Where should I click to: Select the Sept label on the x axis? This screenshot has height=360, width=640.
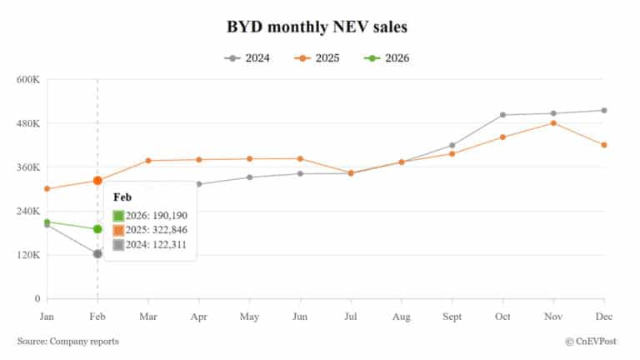(x=452, y=317)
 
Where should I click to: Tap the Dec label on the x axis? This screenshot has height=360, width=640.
(x=604, y=317)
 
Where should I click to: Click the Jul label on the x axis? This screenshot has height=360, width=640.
(x=351, y=317)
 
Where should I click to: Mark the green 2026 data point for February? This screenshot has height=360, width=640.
(x=97, y=229)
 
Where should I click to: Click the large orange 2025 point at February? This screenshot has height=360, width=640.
(x=97, y=180)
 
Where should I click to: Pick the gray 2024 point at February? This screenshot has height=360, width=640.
(x=97, y=253)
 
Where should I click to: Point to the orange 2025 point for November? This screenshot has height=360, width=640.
(x=553, y=123)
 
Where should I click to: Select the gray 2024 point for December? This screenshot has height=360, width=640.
(x=604, y=110)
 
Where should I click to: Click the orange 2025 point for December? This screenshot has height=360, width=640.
(x=604, y=145)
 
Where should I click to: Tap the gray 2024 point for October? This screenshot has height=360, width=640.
(x=502, y=115)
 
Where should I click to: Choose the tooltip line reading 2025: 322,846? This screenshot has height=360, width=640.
(x=156, y=230)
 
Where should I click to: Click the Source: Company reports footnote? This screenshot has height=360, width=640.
(x=67, y=341)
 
